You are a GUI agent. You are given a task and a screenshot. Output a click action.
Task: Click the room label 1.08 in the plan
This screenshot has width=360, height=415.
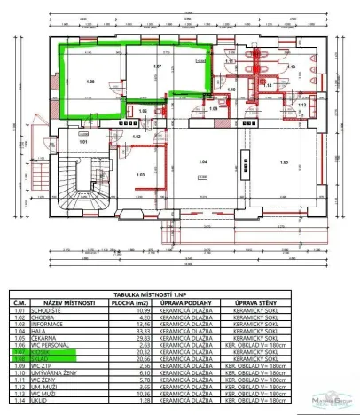(x=90, y=80)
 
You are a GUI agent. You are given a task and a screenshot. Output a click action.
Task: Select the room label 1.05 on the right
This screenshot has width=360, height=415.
(x=284, y=163)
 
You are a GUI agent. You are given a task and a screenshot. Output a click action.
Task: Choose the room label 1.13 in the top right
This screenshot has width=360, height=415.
(x=291, y=67)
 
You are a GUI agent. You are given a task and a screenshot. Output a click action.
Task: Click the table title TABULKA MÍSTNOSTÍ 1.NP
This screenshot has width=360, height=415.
(x=180, y=290)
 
